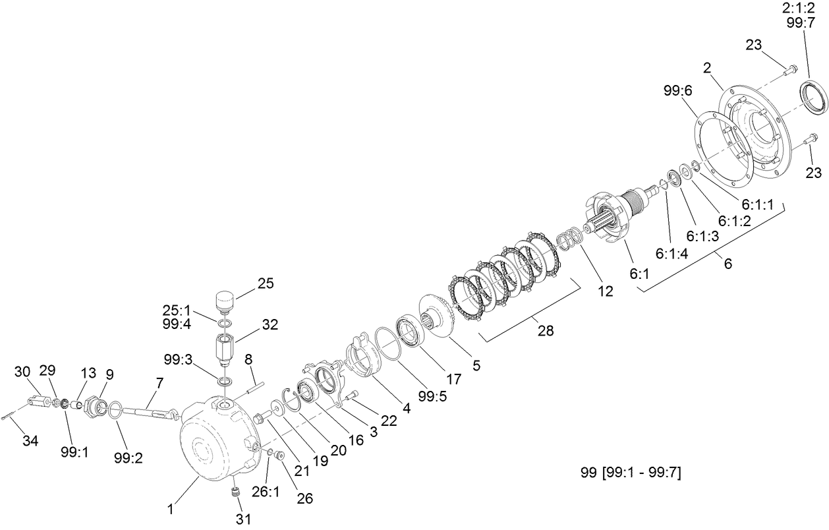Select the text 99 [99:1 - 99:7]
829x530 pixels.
point(631,472)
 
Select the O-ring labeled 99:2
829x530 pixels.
point(115,411)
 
